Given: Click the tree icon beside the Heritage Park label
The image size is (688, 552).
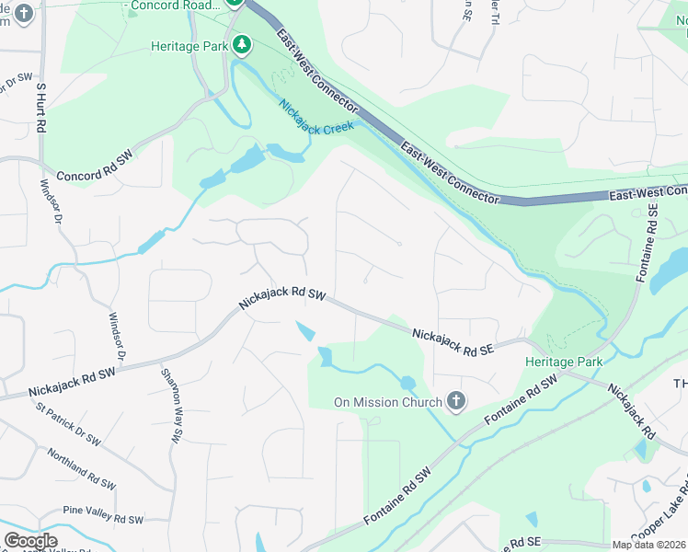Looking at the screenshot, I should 242,45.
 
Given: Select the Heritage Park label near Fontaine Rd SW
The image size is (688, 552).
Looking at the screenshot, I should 564,362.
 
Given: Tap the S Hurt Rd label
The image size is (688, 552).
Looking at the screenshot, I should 40,109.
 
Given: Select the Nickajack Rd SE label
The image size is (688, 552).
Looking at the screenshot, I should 453,342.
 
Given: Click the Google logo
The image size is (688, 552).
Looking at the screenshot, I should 30,541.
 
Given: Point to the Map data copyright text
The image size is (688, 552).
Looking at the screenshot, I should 648,545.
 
